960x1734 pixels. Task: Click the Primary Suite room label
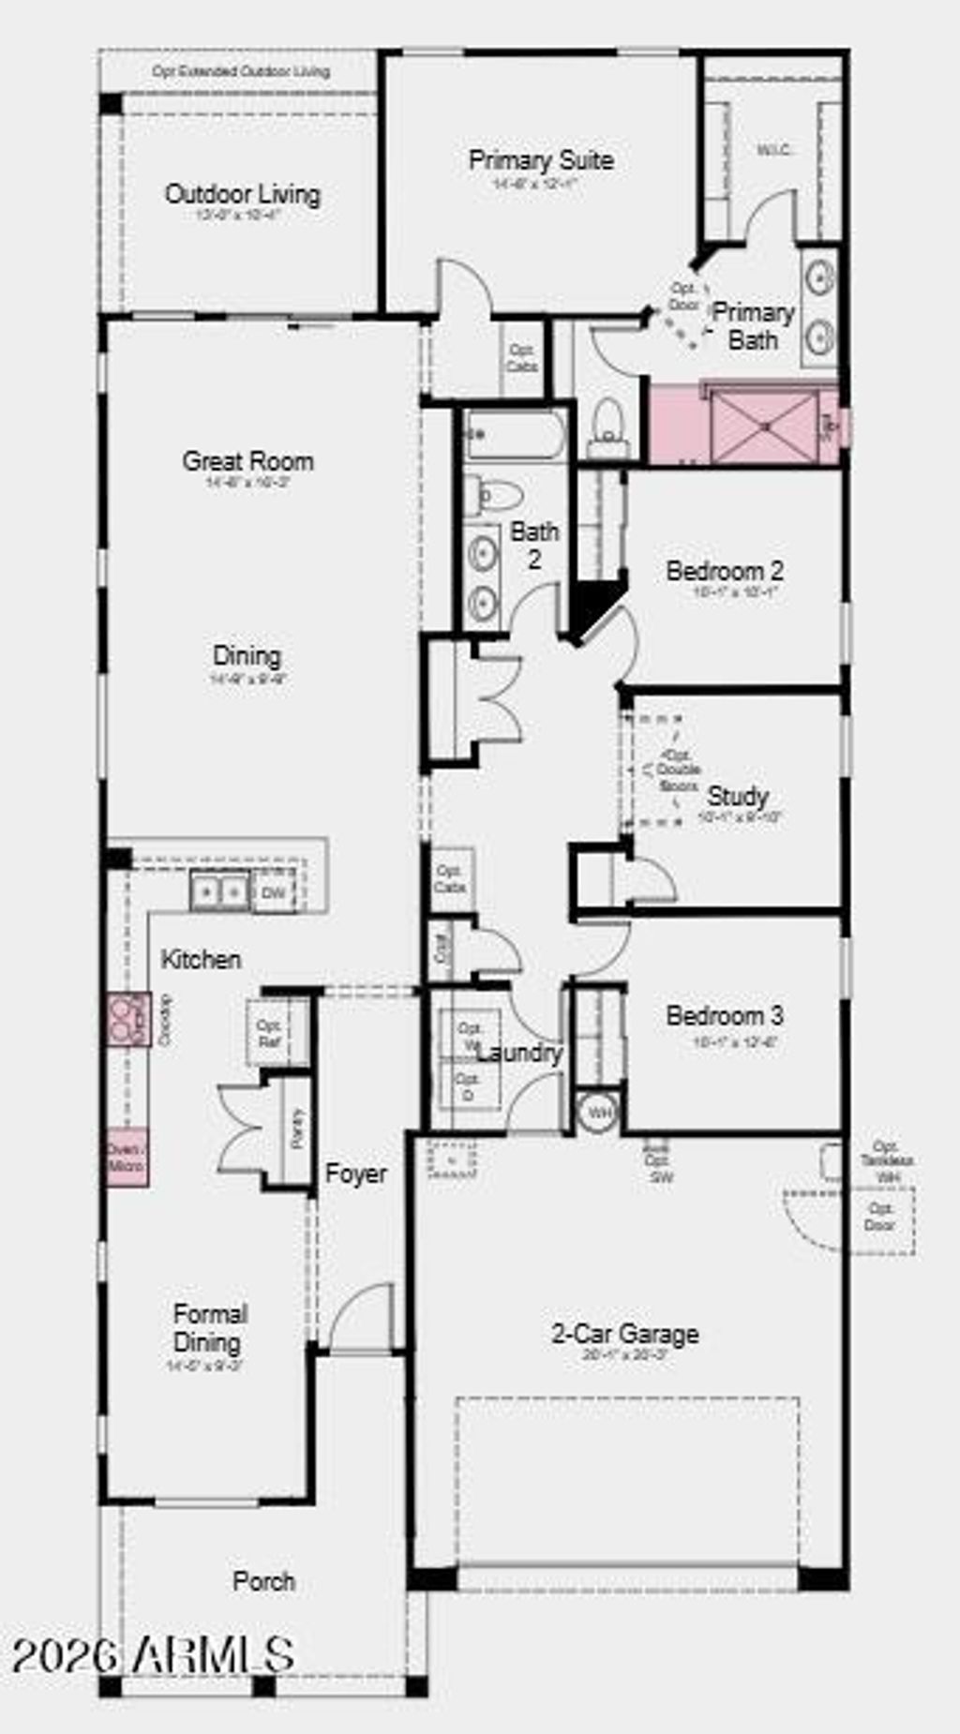(x=541, y=161)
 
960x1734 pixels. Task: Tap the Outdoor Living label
(x=243, y=195)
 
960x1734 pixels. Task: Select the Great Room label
(x=247, y=461)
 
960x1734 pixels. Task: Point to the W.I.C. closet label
(x=775, y=150)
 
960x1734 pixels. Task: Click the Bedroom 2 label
(x=724, y=571)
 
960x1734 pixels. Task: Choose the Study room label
(x=738, y=797)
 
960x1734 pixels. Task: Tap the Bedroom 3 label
(x=724, y=1016)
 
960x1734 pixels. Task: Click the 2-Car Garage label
(x=624, y=1334)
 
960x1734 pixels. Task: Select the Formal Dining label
(x=210, y=1328)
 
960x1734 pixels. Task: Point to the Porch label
(x=263, y=1581)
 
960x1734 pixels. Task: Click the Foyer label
(x=355, y=1173)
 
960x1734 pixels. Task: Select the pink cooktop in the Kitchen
(x=127, y=1019)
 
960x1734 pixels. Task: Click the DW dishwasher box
(x=274, y=891)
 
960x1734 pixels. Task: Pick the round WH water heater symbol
(x=598, y=1113)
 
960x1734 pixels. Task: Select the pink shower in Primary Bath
(x=764, y=427)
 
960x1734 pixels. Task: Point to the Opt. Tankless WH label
(x=886, y=1160)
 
